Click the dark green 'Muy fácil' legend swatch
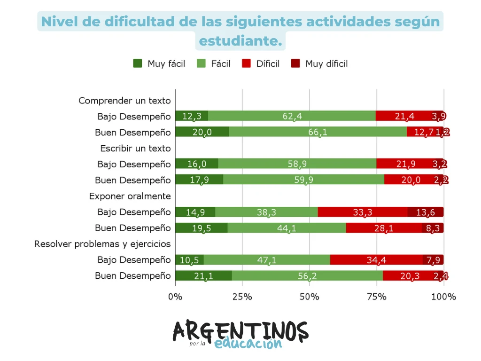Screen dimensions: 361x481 point(138,63)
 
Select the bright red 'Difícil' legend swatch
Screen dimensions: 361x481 point(246,63)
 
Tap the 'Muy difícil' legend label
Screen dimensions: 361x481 point(326,64)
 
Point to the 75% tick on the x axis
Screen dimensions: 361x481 point(377,297)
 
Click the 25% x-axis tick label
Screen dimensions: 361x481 point(242,297)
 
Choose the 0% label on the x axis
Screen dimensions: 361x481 point(175,297)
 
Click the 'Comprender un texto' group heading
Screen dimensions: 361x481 point(124,101)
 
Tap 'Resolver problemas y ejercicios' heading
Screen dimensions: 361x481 point(102,244)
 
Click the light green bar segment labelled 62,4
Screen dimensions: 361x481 point(292,116)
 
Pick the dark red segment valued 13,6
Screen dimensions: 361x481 point(426,212)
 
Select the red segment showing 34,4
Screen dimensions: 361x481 point(376,260)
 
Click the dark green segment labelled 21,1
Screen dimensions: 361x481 point(203,276)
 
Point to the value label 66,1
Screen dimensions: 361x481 point(318,133)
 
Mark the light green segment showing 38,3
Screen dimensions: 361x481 point(266,212)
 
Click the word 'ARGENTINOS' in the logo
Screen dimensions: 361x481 point(240,332)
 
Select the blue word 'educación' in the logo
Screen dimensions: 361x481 point(248,344)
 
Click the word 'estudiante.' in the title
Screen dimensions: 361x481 point(240,41)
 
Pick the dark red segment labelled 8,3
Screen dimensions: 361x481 point(433,228)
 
